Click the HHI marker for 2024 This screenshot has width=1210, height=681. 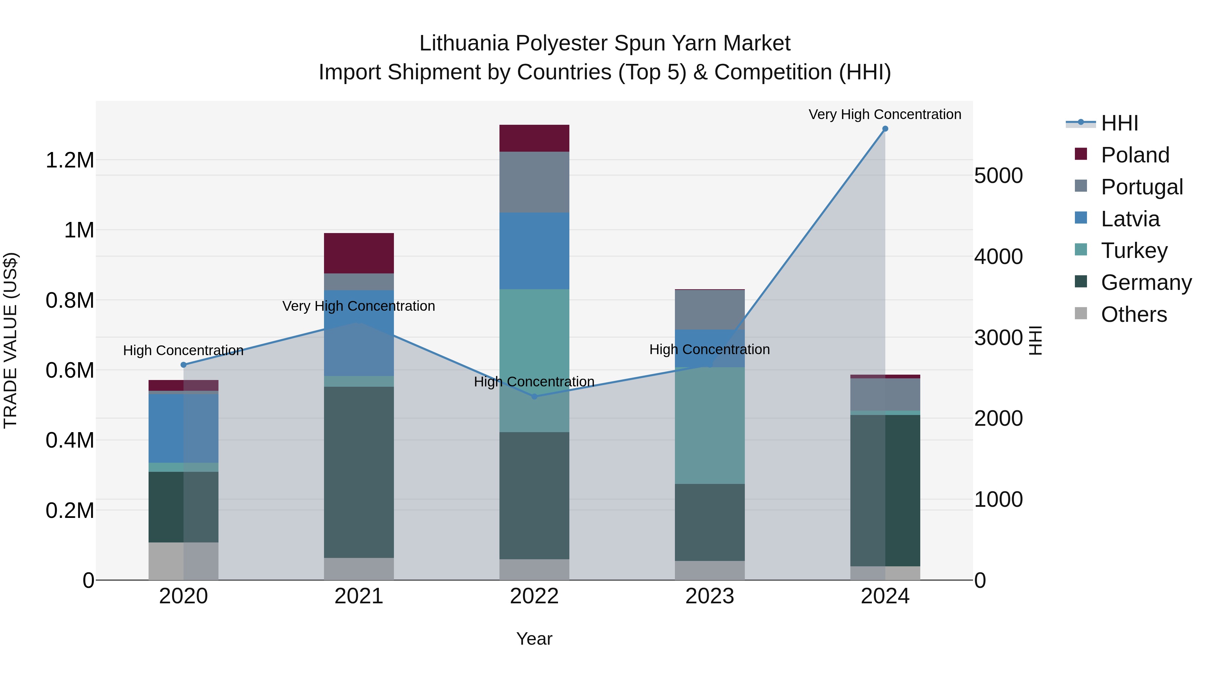pos(885,129)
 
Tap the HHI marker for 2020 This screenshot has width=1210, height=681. pos(184,365)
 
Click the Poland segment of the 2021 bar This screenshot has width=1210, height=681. pos(359,253)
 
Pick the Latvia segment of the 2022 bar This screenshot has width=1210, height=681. pos(534,251)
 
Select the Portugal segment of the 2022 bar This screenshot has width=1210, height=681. pos(534,182)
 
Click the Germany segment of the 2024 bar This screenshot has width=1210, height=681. pos(885,490)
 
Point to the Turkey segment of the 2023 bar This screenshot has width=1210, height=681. pos(710,425)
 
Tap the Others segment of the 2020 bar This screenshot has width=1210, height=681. pos(184,561)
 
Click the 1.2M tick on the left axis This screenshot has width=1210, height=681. pos(70,160)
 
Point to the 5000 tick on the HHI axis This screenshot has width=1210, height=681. pos(998,176)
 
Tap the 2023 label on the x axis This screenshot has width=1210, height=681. pos(710,596)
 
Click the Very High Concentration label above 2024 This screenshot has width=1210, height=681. pos(885,114)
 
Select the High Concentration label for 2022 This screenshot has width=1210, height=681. pos(534,382)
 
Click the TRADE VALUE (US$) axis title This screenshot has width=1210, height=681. pos(10,340)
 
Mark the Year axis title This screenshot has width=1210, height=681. pos(534,639)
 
